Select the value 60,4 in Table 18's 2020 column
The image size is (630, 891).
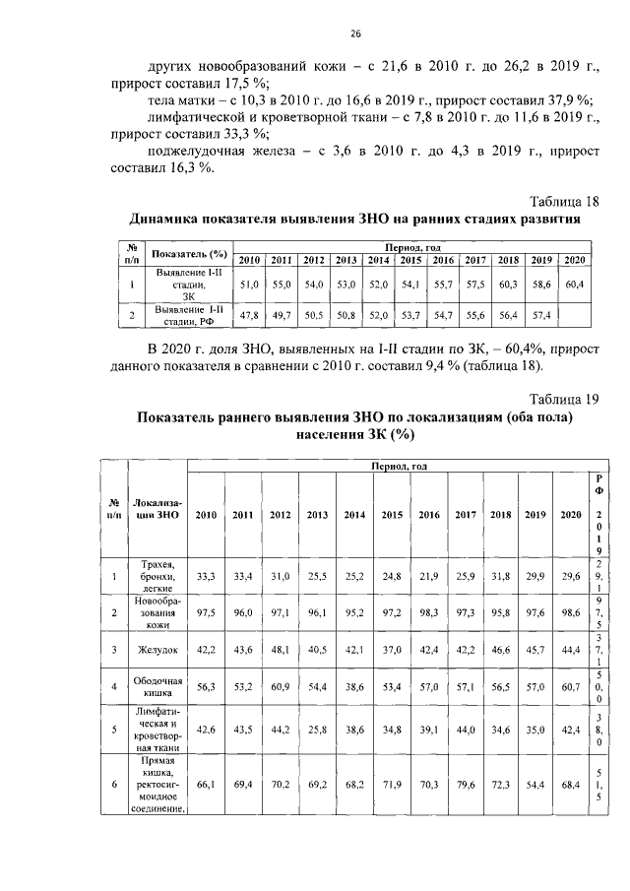pyautogui.click(x=575, y=285)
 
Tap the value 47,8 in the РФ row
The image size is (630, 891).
pyautogui.click(x=250, y=315)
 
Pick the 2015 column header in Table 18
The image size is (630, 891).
pyautogui.click(x=410, y=259)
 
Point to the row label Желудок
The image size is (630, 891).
pyautogui.click(x=159, y=649)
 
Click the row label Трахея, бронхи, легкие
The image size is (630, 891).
pyautogui.click(x=159, y=576)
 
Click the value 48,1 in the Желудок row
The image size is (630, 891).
pyautogui.click(x=281, y=650)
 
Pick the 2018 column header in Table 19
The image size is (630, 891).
pyautogui.click(x=500, y=515)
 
